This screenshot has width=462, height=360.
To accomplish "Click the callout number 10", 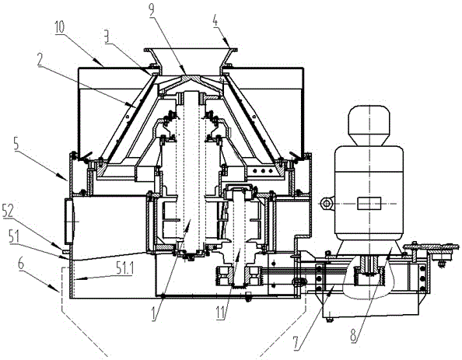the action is pos(60,28).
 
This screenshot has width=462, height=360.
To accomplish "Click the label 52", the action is pos(8,211).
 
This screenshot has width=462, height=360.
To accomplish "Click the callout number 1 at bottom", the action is pos(155,314).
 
